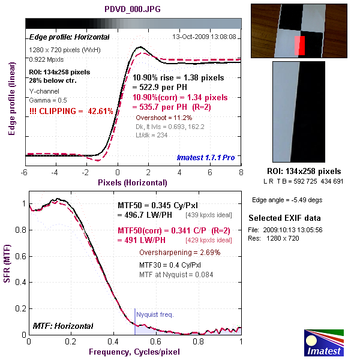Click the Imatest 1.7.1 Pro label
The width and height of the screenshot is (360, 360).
tap(205, 158)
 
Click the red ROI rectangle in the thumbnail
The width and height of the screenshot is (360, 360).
tap(300, 45)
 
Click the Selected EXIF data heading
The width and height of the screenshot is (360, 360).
tap(284, 218)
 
